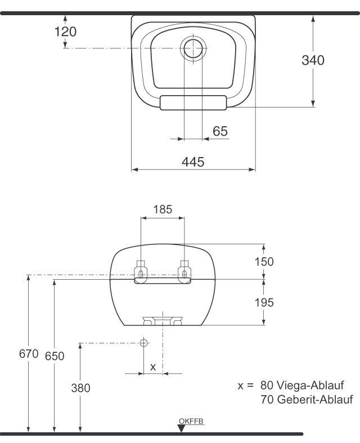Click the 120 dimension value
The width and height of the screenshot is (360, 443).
[65, 32]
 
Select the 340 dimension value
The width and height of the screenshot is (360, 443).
[313, 60]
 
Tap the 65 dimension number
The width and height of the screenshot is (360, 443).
[220, 131]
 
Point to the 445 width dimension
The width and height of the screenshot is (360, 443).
[193, 162]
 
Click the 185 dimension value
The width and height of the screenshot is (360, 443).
[163, 210]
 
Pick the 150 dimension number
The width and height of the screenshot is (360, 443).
[264, 262]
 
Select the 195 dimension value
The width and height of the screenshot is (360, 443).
[264, 302]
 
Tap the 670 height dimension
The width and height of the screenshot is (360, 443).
[28, 354]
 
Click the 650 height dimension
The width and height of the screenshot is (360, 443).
[55, 356]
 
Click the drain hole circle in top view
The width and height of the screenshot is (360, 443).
[193, 48]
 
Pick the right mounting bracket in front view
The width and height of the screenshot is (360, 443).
[184, 271]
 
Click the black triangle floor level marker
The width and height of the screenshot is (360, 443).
[181, 428]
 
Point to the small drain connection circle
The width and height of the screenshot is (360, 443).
[143, 342]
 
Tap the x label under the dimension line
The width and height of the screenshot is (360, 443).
[152, 366]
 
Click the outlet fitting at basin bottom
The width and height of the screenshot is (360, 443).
[163, 320]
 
